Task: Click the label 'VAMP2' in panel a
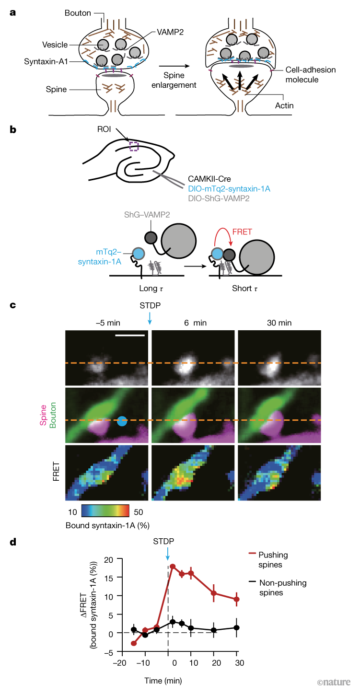tap(170, 32)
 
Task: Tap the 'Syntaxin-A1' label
tap(46, 61)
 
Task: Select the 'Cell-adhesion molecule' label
tap(310, 74)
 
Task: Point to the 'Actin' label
tap(284, 105)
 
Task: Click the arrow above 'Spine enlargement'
tap(174, 66)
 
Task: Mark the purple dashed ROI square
tap(134, 146)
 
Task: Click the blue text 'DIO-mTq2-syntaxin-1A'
tap(229, 189)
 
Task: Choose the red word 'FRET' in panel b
tap(242, 232)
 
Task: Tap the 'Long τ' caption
tap(151, 288)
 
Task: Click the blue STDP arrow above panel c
tap(150, 318)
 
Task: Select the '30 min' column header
tap(279, 323)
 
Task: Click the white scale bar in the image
tap(130, 335)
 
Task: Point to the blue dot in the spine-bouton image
tap(122, 421)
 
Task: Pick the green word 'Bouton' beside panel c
tap(53, 415)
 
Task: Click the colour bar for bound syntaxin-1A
tap(105, 510)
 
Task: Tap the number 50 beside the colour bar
tap(139, 512)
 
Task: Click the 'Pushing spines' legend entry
tap(268, 559)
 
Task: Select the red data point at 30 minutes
tap(237, 600)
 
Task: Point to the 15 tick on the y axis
tap(109, 578)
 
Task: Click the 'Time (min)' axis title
tap(163, 681)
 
